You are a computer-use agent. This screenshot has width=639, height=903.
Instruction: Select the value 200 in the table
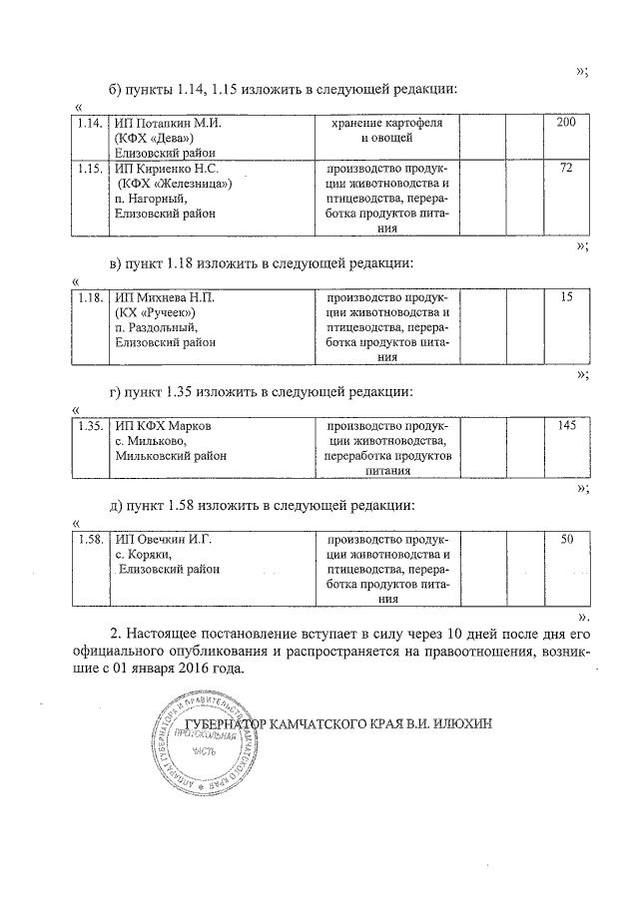[x=566, y=122]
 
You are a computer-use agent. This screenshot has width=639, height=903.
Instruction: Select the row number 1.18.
[x=90, y=297]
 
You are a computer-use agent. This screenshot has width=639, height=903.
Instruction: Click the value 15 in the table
[x=566, y=297]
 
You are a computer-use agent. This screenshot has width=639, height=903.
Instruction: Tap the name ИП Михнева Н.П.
[x=165, y=297]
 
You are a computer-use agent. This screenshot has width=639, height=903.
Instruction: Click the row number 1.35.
[x=90, y=426]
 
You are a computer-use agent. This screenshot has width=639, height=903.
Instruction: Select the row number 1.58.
[x=90, y=540]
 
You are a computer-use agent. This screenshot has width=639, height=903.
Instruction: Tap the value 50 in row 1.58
[x=566, y=540]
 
